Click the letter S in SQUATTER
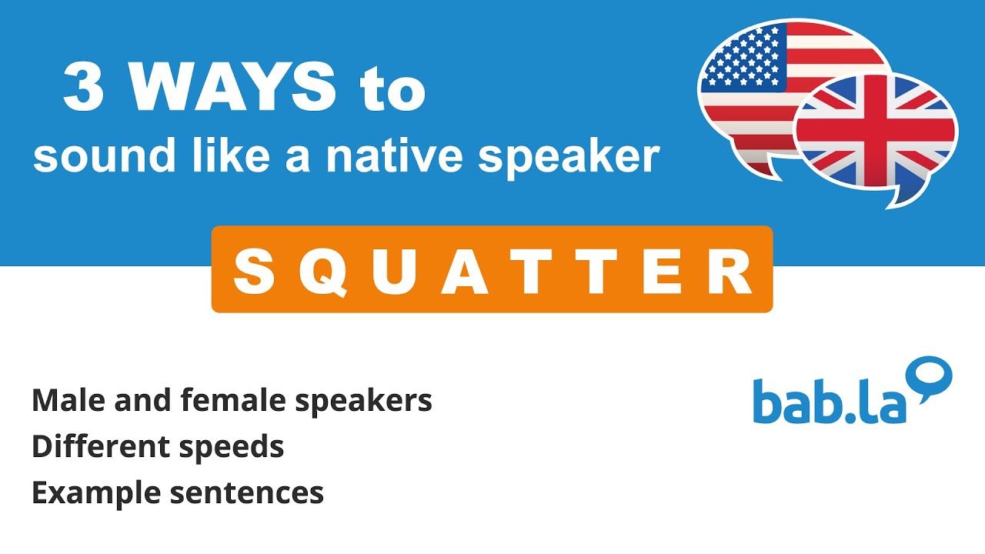tap(253, 271)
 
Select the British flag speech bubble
tap(877, 135)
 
